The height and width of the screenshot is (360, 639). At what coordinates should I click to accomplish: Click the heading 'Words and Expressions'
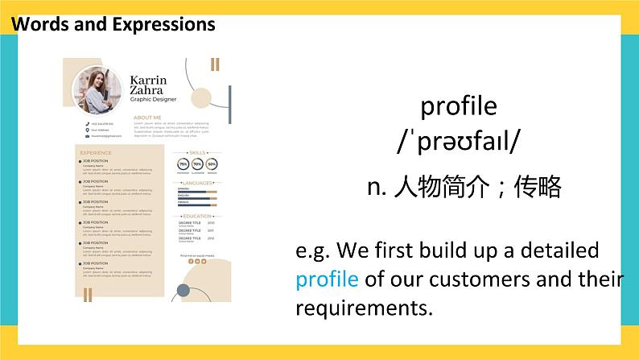[113, 24]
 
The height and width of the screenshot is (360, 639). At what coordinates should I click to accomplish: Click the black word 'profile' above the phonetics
[459, 106]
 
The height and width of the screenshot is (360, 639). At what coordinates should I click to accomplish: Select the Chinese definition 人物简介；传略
[463, 188]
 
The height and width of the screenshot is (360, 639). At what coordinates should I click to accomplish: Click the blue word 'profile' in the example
[327, 279]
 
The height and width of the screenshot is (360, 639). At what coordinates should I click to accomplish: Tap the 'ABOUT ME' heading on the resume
[147, 118]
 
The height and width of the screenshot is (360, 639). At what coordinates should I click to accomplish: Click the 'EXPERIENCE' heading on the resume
[96, 152]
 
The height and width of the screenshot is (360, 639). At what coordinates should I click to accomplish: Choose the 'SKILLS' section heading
[197, 152]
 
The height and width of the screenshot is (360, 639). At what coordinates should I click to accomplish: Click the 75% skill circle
[183, 163]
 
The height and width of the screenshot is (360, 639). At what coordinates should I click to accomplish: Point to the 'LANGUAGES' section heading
[197, 184]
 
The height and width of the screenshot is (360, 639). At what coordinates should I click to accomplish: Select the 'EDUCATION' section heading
[197, 217]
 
